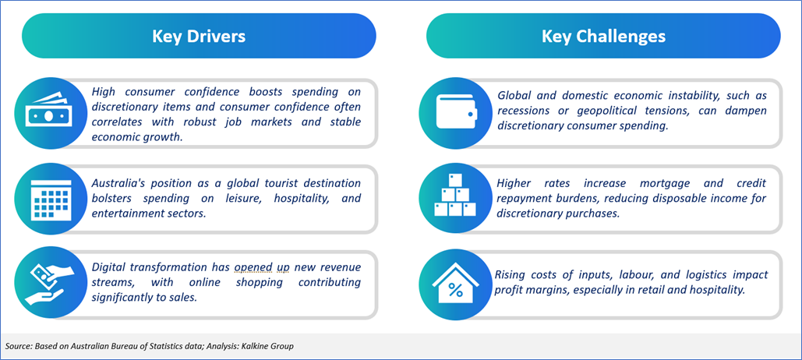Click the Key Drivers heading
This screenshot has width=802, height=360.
[x=199, y=37]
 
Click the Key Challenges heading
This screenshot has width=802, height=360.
[x=603, y=37]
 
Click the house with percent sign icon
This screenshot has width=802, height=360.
[x=454, y=284]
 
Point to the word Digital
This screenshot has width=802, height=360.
[x=108, y=267]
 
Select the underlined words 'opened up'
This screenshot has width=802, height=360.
[x=262, y=267]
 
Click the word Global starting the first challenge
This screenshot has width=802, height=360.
[x=513, y=96]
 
